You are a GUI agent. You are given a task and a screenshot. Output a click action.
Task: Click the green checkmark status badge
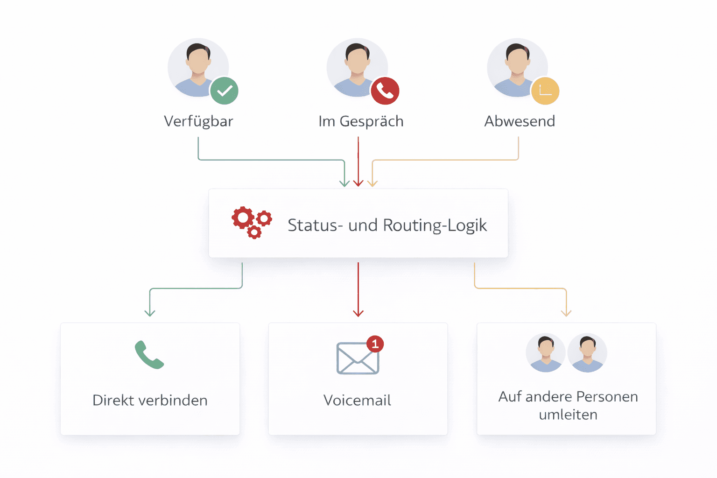click(225, 91)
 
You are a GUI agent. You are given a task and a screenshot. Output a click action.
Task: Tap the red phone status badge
click(385, 91)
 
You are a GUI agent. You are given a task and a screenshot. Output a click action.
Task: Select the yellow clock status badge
click(545, 91)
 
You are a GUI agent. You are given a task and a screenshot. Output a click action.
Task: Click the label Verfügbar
click(198, 121)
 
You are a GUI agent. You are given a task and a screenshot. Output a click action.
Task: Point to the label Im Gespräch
click(361, 121)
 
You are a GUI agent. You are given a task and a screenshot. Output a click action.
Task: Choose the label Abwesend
click(520, 121)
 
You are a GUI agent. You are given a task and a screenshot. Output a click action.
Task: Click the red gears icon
click(252, 222)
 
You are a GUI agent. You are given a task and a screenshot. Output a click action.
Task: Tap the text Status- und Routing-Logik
click(387, 225)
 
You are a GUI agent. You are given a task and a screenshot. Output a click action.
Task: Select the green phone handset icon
click(149, 355)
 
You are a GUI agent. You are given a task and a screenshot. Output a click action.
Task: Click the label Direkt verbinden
click(150, 401)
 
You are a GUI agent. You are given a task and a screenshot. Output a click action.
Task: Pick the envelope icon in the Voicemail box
click(357, 359)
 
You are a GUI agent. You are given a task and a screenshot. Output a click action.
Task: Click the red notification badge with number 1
click(375, 344)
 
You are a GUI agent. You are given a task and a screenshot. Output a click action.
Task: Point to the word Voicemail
click(357, 401)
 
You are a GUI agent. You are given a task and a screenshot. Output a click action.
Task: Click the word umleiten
click(568, 415)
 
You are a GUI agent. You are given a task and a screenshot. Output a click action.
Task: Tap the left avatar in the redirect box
click(546, 353)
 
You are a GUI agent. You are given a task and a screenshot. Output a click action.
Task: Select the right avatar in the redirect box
click(587, 353)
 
